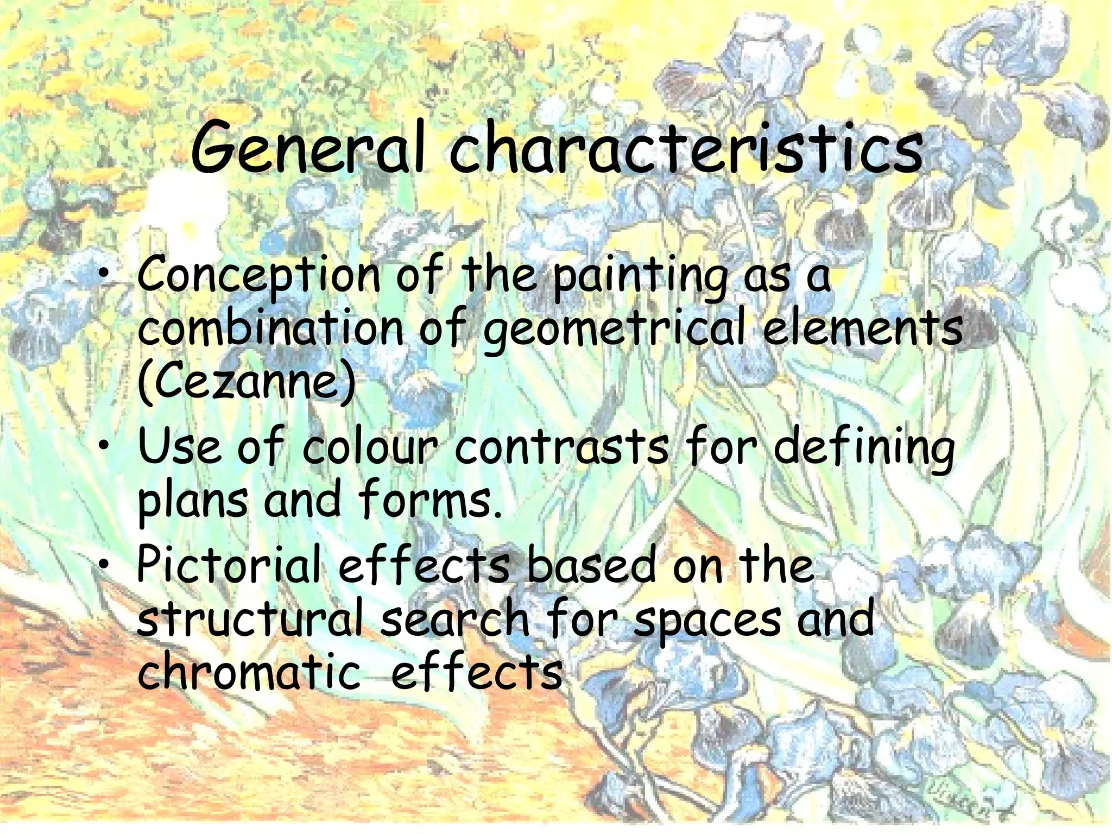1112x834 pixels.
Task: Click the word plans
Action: coord(192,501)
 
